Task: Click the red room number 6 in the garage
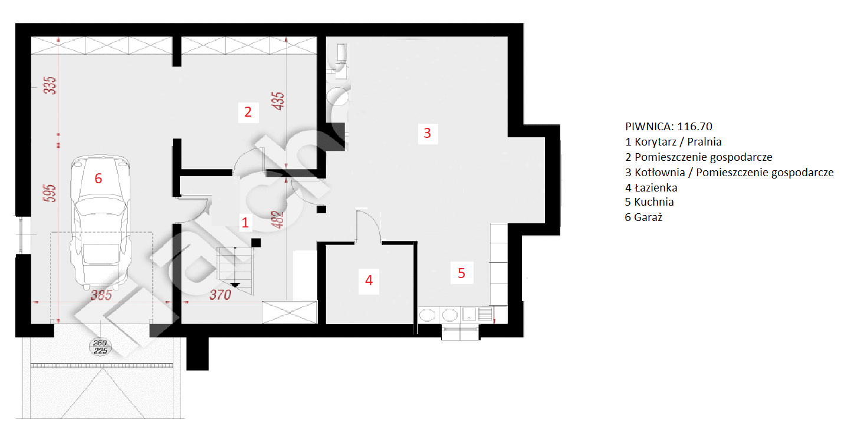(x=98, y=179)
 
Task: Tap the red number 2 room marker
(x=248, y=112)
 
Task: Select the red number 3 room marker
(x=428, y=133)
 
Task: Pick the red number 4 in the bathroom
(x=369, y=280)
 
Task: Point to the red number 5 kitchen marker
(x=461, y=273)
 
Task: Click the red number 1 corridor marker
(x=245, y=223)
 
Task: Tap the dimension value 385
(x=101, y=295)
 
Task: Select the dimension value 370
(x=221, y=295)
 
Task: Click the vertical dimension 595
(x=50, y=193)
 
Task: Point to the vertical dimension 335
(x=50, y=85)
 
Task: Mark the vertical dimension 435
(x=278, y=101)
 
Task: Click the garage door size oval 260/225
(x=100, y=346)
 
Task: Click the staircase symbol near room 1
(x=235, y=270)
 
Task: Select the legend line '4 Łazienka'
(x=651, y=187)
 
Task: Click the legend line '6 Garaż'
(x=643, y=217)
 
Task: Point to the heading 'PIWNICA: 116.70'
(x=669, y=126)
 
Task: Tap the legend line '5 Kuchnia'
(x=649, y=202)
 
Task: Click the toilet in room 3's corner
(x=340, y=61)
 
